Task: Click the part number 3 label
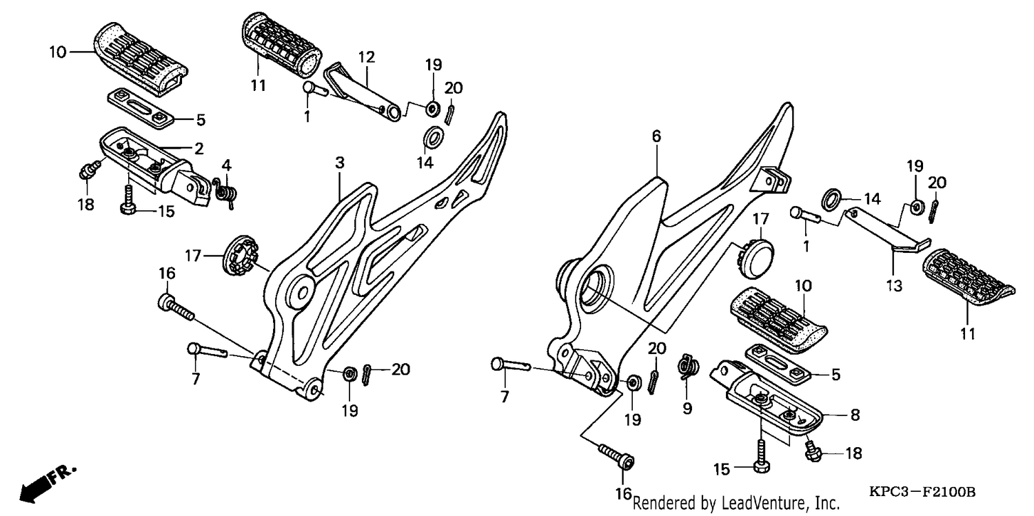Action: click(340, 163)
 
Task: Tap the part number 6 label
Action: click(656, 136)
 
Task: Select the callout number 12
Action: click(367, 57)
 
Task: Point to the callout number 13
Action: click(894, 286)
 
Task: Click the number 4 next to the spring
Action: click(226, 165)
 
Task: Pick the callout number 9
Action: click(687, 409)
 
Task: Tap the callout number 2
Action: click(199, 149)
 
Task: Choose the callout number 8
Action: click(855, 415)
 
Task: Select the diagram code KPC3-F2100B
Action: click(922, 492)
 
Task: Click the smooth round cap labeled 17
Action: click(757, 259)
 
